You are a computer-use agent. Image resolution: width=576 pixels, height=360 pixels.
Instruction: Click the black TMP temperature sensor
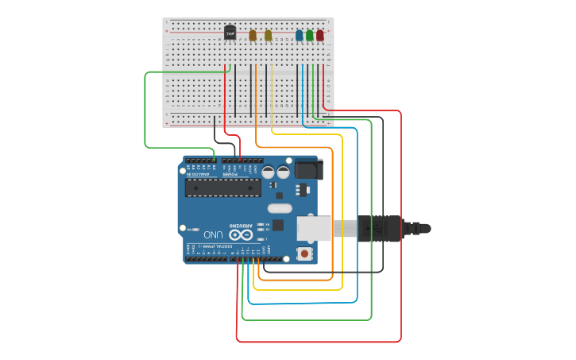pos(230,33)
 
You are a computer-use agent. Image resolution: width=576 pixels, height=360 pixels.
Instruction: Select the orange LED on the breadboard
pos(253,35)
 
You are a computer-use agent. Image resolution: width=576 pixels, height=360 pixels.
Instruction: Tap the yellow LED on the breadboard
pos(269,35)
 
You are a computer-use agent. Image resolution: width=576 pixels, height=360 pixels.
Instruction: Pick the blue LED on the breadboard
pos(299,35)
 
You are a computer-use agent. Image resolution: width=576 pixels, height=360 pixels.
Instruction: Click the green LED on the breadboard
pos(309,35)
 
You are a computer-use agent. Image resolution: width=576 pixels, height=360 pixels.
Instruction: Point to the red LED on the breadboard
pos(319,35)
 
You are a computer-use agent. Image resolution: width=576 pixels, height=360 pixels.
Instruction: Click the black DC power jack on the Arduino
pos(308,168)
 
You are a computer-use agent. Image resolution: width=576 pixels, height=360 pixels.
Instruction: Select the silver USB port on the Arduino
pos(315,228)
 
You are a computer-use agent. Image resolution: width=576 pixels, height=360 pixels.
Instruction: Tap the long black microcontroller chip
pos(222,188)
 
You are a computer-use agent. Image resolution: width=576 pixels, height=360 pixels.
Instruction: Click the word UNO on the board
pos(213,234)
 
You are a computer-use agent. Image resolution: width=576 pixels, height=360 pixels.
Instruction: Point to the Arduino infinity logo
pos(240,234)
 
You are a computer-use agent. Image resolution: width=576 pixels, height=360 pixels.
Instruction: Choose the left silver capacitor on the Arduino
pos(269,172)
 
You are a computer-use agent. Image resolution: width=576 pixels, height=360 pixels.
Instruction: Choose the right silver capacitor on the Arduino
pos(283,172)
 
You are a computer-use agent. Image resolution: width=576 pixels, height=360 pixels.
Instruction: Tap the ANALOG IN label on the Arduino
pos(201,173)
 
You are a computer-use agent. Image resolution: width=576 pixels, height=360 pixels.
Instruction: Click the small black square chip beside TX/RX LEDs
pos(277,225)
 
